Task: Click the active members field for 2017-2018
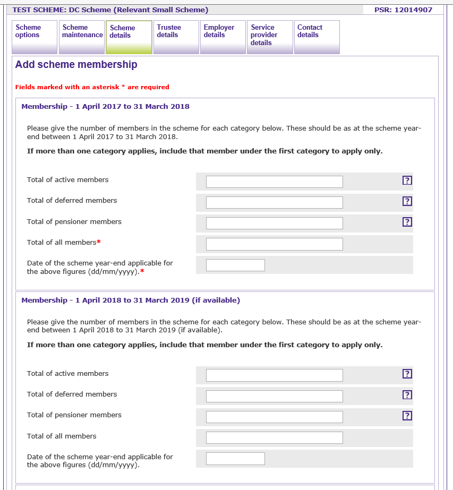click(274, 182)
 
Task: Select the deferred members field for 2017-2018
click(274, 203)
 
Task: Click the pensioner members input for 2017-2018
click(274, 223)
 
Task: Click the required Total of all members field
click(274, 244)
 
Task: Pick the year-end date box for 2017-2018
click(235, 265)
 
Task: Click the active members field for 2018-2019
click(274, 375)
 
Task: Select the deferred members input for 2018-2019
click(274, 397)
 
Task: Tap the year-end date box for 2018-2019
click(235, 459)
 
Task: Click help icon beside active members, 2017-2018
click(407, 180)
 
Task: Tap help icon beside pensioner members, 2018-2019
click(407, 416)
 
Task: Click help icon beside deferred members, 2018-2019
click(407, 395)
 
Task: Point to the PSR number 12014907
click(403, 10)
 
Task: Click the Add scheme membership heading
click(76, 65)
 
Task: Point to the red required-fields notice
click(92, 87)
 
